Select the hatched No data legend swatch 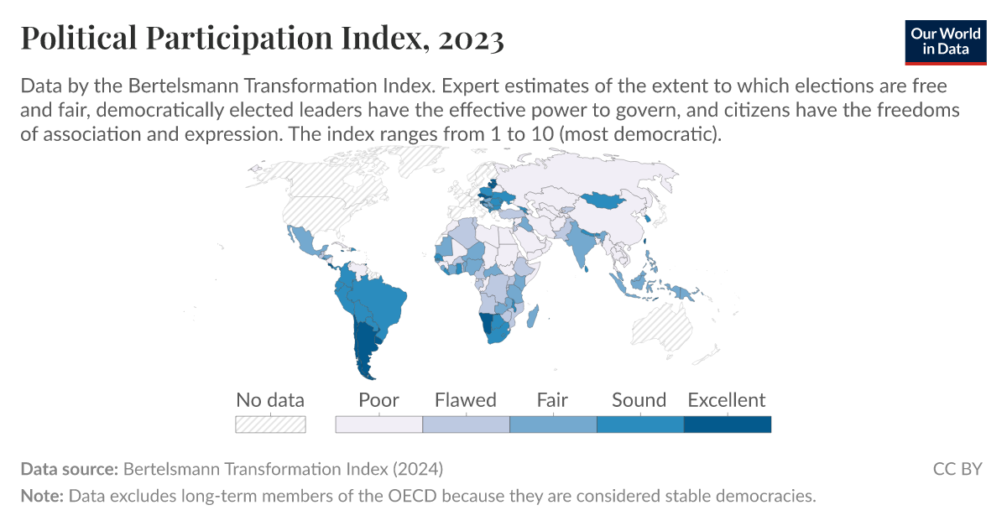pyautogui.click(x=270, y=424)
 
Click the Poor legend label pyautogui.click(x=378, y=400)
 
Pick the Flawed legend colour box pyautogui.click(x=466, y=424)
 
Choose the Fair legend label pyautogui.click(x=552, y=400)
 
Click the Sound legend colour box pyautogui.click(x=639, y=424)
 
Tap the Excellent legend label pyautogui.click(x=727, y=400)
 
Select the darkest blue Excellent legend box pyautogui.click(x=727, y=424)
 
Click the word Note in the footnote pyautogui.click(x=42, y=496)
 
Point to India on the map pyautogui.click(x=582, y=243)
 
